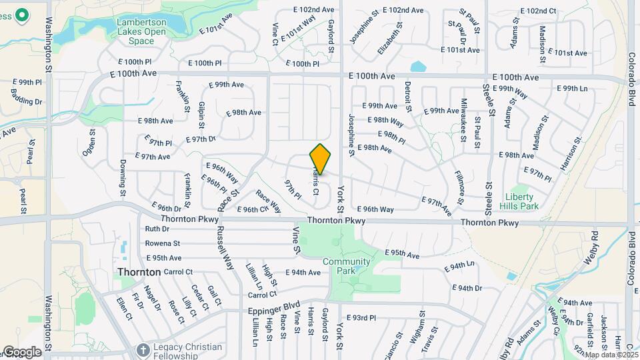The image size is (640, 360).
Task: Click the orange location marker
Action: point(320,159)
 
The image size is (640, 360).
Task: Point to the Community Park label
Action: point(346,266)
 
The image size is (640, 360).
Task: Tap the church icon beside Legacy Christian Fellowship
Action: point(142,349)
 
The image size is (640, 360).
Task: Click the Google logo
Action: point(21,352)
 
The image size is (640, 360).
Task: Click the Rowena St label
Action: point(163,243)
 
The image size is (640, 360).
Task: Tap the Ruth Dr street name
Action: point(157,229)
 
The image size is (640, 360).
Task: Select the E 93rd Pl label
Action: point(365,318)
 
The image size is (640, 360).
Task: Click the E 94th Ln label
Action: point(461,265)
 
